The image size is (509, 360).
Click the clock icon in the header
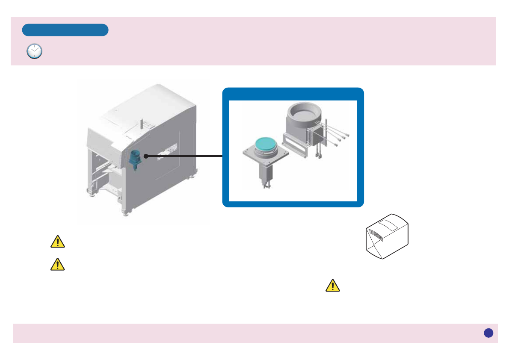34,51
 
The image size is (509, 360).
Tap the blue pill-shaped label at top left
65,30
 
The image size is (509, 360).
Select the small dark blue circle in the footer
488,333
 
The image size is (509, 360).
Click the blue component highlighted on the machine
135,159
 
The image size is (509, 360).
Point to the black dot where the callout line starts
146,156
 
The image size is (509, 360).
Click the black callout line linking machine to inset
184,156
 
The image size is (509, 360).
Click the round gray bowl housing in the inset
303,118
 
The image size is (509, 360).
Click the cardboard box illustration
387,236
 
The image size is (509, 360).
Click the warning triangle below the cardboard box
333,286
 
